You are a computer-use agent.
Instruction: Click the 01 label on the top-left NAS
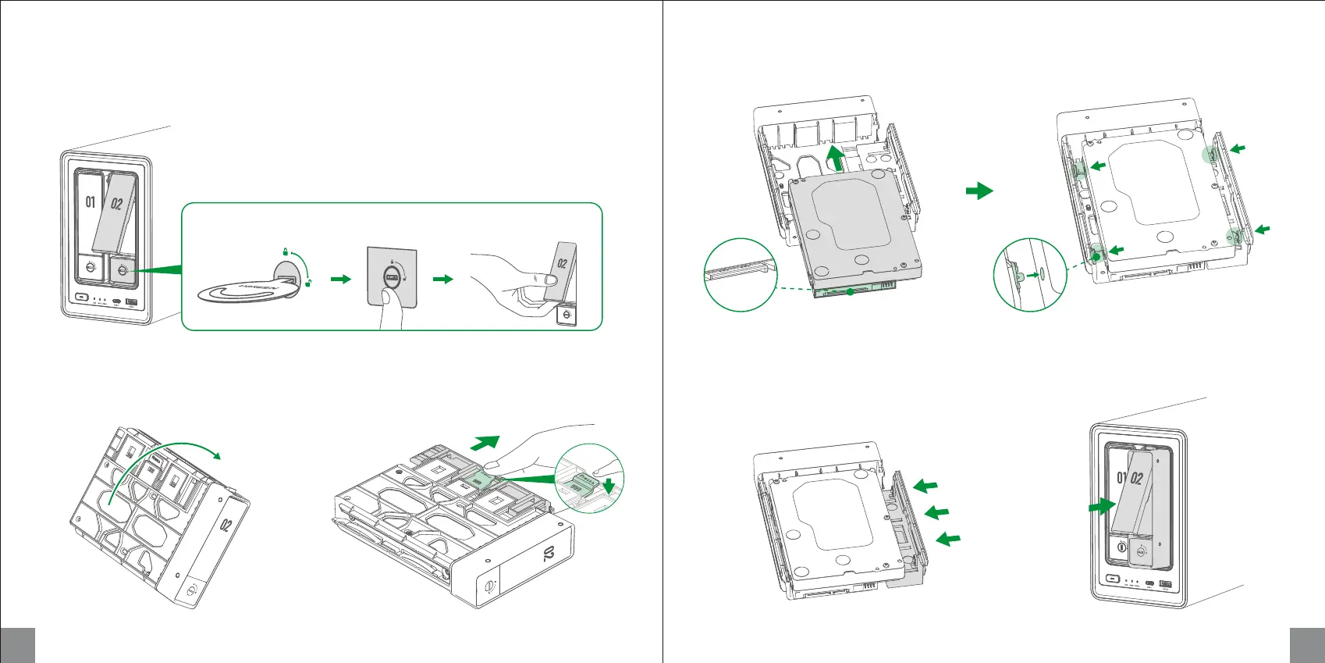pyautogui.click(x=91, y=202)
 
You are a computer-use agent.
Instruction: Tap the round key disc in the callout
pyautogui.click(x=242, y=291)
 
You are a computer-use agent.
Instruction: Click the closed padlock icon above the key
pyautogui.click(x=286, y=251)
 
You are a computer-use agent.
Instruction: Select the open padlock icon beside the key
pyautogui.click(x=309, y=283)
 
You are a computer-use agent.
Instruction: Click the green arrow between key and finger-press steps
pyautogui.click(x=341, y=279)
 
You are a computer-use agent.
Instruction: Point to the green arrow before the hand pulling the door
pyautogui.click(x=442, y=279)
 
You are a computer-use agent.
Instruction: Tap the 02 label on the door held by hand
pyautogui.click(x=562, y=263)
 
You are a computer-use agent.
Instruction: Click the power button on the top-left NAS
pyautogui.click(x=80, y=298)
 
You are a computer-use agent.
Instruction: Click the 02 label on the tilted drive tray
pyautogui.click(x=226, y=524)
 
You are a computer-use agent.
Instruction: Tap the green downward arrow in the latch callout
pyautogui.click(x=609, y=487)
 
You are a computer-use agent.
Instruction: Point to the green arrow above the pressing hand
pyautogui.click(x=484, y=443)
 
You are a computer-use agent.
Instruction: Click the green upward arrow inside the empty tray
pyautogui.click(x=834, y=156)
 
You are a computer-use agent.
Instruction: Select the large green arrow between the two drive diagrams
pyautogui.click(x=979, y=191)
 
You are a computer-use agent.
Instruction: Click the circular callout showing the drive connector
pyautogui.click(x=741, y=275)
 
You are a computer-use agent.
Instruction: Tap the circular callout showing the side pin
pyautogui.click(x=1029, y=276)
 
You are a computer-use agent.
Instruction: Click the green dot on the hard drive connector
pyautogui.click(x=850, y=291)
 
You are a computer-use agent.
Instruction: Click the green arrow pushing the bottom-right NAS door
pyautogui.click(x=1102, y=507)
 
